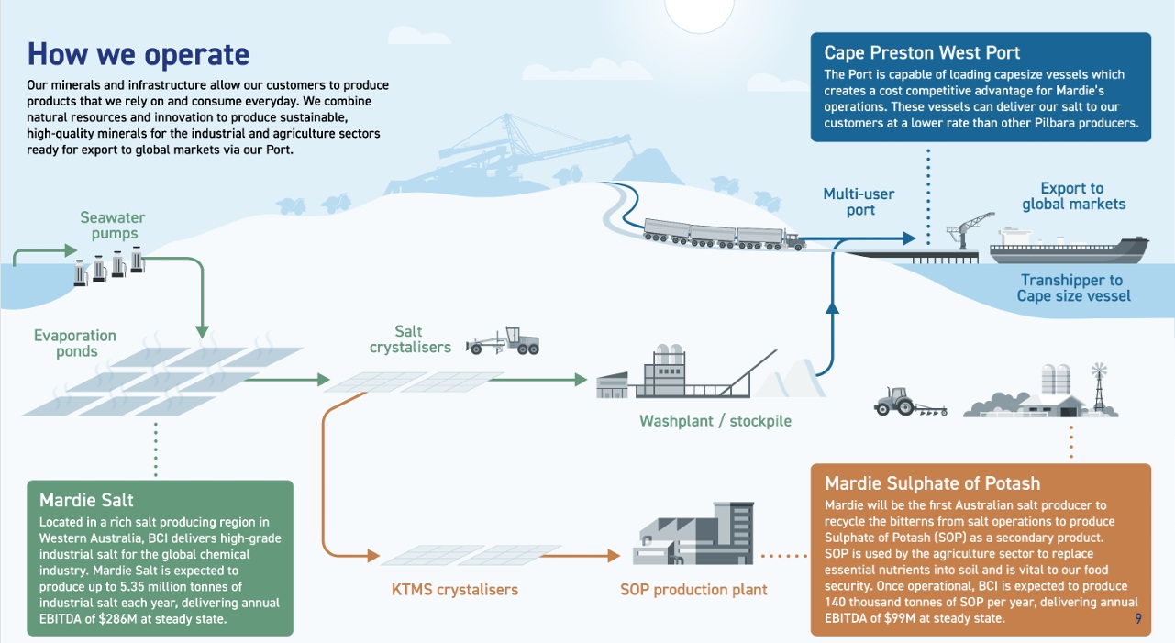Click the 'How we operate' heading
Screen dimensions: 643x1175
[x=139, y=54]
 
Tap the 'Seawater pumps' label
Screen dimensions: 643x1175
[x=113, y=226]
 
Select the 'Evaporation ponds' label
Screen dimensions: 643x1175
[x=75, y=343]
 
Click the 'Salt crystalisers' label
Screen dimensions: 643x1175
[x=410, y=339]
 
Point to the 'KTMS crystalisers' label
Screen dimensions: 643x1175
[x=449, y=589]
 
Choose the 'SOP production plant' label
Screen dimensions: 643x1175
[x=693, y=589]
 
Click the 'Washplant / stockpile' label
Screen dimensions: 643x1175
[x=715, y=421]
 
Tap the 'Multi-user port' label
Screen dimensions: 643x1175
[x=859, y=202]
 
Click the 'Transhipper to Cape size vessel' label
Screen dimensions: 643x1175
[x=1073, y=288]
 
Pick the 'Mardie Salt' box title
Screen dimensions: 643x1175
[x=86, y=500]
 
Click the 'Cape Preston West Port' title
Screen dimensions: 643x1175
[x=922, y=52]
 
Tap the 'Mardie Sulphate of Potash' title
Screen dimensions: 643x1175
[x=932, y=483]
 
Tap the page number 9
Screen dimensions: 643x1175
[x=1137, y=619]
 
